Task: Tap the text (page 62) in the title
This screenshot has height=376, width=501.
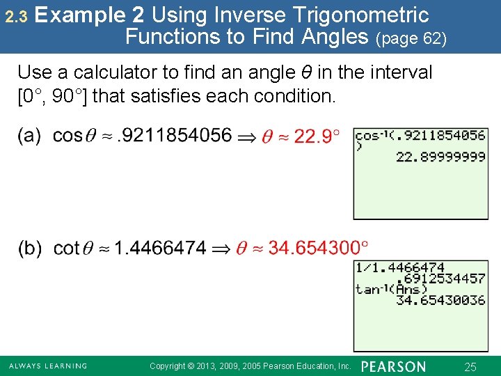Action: click(411, 38)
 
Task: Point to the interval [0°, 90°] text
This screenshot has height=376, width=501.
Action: click(51, 96)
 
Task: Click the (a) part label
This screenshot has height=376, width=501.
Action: click(29, 135)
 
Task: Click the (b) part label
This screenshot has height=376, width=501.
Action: click(29, 248)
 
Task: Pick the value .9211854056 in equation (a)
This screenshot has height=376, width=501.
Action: click(174, 135)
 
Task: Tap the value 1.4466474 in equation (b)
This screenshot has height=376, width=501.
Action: click(160, 248)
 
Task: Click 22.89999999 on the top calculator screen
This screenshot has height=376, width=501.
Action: click(440, 157)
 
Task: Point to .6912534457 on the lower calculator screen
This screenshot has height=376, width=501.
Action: click(440, 279)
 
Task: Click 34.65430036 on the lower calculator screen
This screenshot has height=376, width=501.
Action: click(440, 300)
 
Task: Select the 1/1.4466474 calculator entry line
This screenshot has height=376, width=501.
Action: click(400, 267)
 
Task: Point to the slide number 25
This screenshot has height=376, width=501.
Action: click(470, 366)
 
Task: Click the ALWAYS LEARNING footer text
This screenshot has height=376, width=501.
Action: click(48, 366)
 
